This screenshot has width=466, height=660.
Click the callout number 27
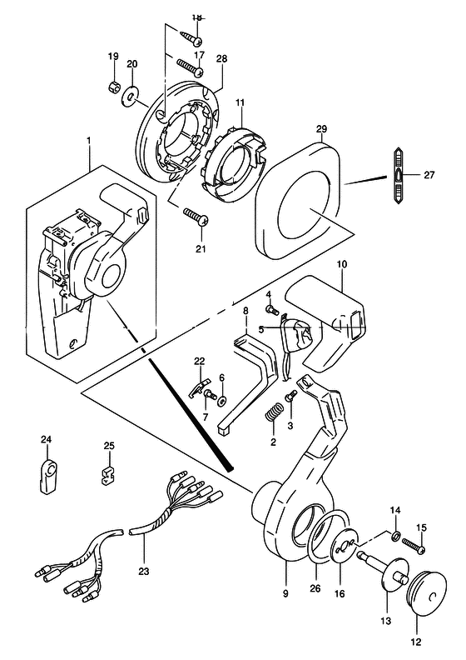click(429, 174)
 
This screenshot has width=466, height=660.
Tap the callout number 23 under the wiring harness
click(144, 572)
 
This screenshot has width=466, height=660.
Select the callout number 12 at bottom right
click(416, 642)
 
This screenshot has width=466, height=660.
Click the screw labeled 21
click(196, 215)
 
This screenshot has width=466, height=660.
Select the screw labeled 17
click(191, 67)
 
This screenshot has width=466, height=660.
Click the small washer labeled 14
click(396, 537)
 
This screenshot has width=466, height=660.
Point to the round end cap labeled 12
click(426, 588)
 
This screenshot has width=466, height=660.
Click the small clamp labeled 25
click(109, 475)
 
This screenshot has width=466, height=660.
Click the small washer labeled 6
click(221, 400)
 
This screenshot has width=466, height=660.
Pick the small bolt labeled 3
click(290, 397)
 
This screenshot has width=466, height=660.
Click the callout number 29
click(321, 129)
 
